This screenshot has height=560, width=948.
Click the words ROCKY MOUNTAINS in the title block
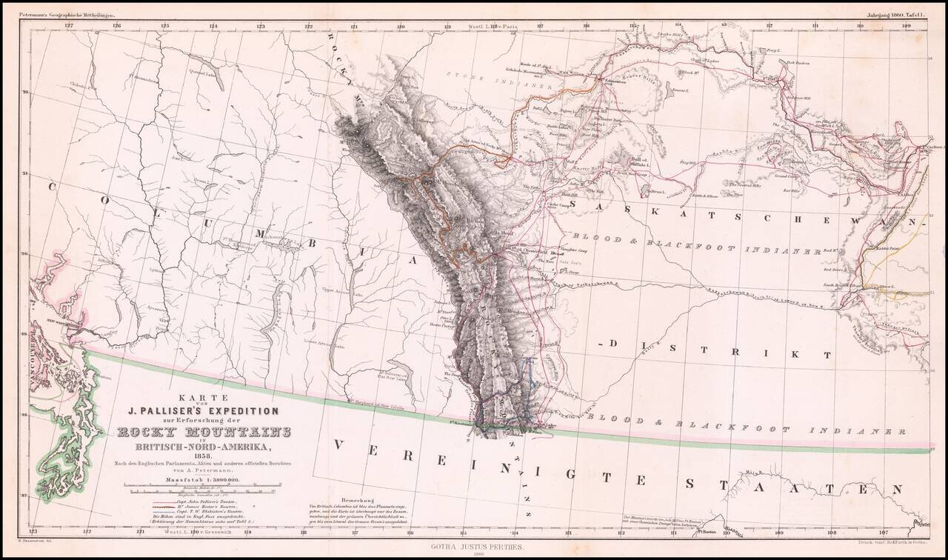tap(204, 433)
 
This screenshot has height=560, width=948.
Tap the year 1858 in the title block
tap(202, 456)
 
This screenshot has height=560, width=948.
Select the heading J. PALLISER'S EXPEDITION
tap(204, 410)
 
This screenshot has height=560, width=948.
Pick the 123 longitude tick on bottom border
tap(33, 531)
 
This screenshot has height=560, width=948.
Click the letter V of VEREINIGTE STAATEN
tap(340, 444)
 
